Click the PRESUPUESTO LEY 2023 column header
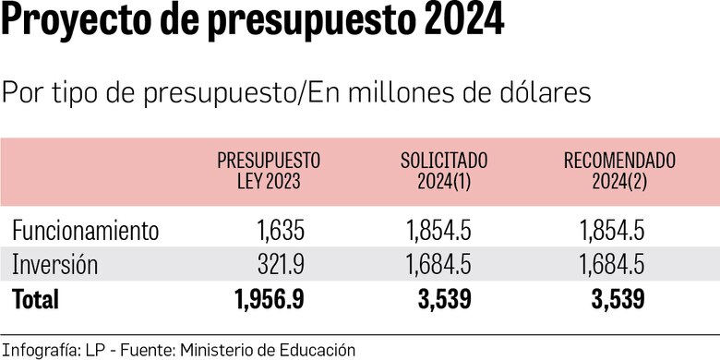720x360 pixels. (268, 171)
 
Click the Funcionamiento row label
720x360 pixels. (85, 230)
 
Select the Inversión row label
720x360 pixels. (54, 265)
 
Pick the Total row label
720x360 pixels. (35, 299)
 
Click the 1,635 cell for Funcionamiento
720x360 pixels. (275, 230)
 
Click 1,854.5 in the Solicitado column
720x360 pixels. (438, 230)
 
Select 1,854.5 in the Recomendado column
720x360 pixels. (611, 230)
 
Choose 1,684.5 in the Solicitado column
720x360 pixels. (438, 265)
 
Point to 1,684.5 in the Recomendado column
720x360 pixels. (611, 265)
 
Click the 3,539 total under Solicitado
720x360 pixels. (445, 299)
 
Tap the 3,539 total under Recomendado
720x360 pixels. (617, 299)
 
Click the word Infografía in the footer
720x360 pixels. (35, 349)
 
